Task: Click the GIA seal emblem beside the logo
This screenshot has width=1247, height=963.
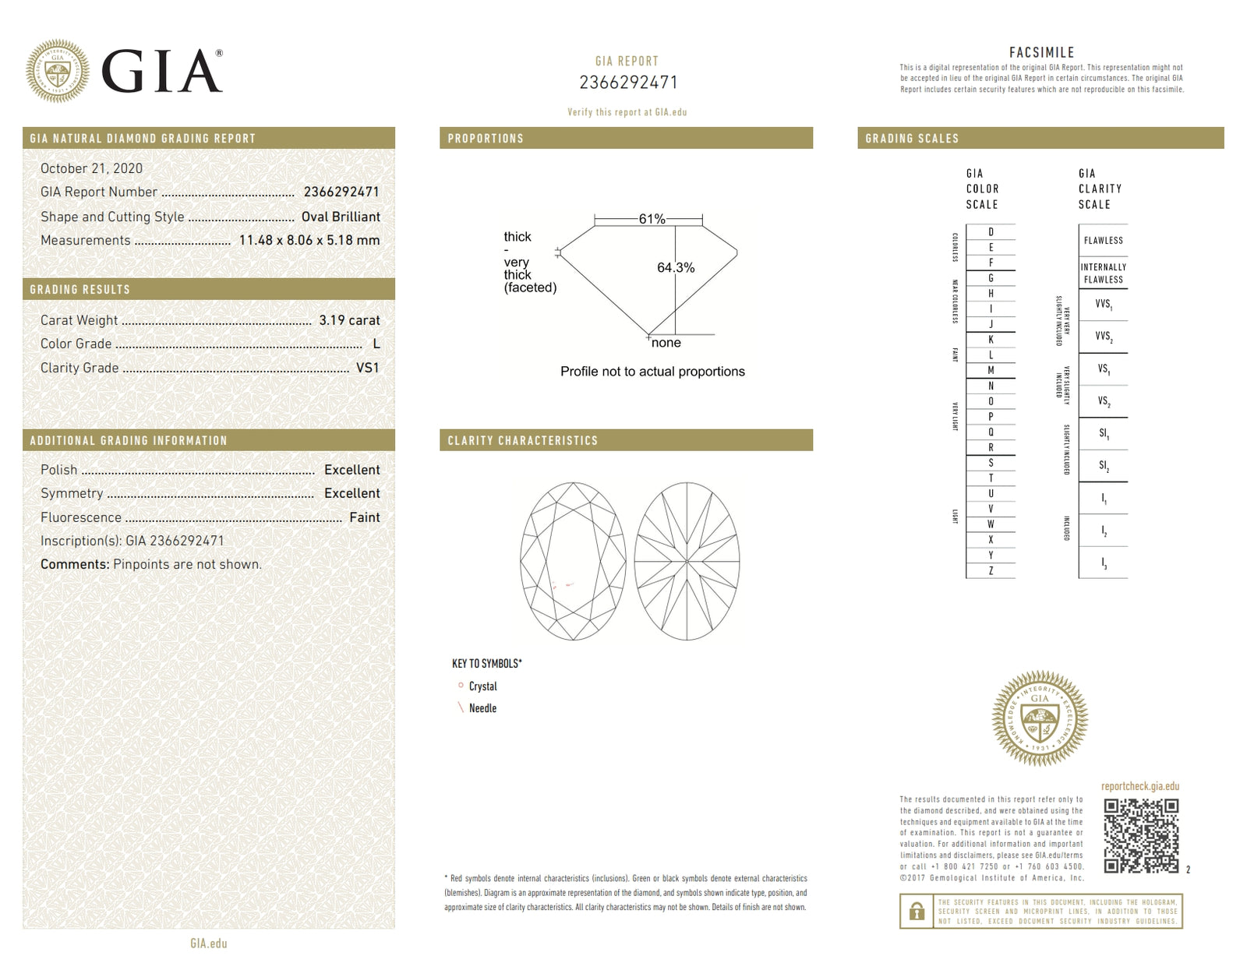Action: coord(57,71)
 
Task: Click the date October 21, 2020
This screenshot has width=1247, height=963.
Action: coord(91,168)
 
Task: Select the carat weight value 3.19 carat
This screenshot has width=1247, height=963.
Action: coord(349,320)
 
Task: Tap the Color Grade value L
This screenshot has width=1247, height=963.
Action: coord(376,344)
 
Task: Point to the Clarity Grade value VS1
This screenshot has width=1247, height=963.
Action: coord(367,368)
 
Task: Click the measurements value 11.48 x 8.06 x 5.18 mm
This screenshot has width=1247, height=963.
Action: coord(309,240)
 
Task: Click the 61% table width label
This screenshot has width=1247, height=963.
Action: coord(652,219)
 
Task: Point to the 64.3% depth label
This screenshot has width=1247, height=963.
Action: coord(676,267)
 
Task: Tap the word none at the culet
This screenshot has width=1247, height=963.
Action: coord(666,343)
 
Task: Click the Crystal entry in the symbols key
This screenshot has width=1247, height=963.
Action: coord(482,686)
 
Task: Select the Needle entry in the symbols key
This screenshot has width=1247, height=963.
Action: coord(482,708)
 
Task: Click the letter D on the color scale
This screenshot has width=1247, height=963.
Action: coord(991,232)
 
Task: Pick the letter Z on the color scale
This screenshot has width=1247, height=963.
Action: coord(991,571)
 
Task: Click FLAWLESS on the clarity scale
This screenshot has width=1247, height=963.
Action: coord(1103,241)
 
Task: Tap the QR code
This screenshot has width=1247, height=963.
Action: coord(1141,835)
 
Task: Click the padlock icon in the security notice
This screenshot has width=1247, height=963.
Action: coord(917,911)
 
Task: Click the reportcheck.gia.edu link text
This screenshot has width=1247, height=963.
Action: coord(1139,786)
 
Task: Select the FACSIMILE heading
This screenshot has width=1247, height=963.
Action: coord(1041,52)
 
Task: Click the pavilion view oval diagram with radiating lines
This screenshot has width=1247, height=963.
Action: coord(687,561)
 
